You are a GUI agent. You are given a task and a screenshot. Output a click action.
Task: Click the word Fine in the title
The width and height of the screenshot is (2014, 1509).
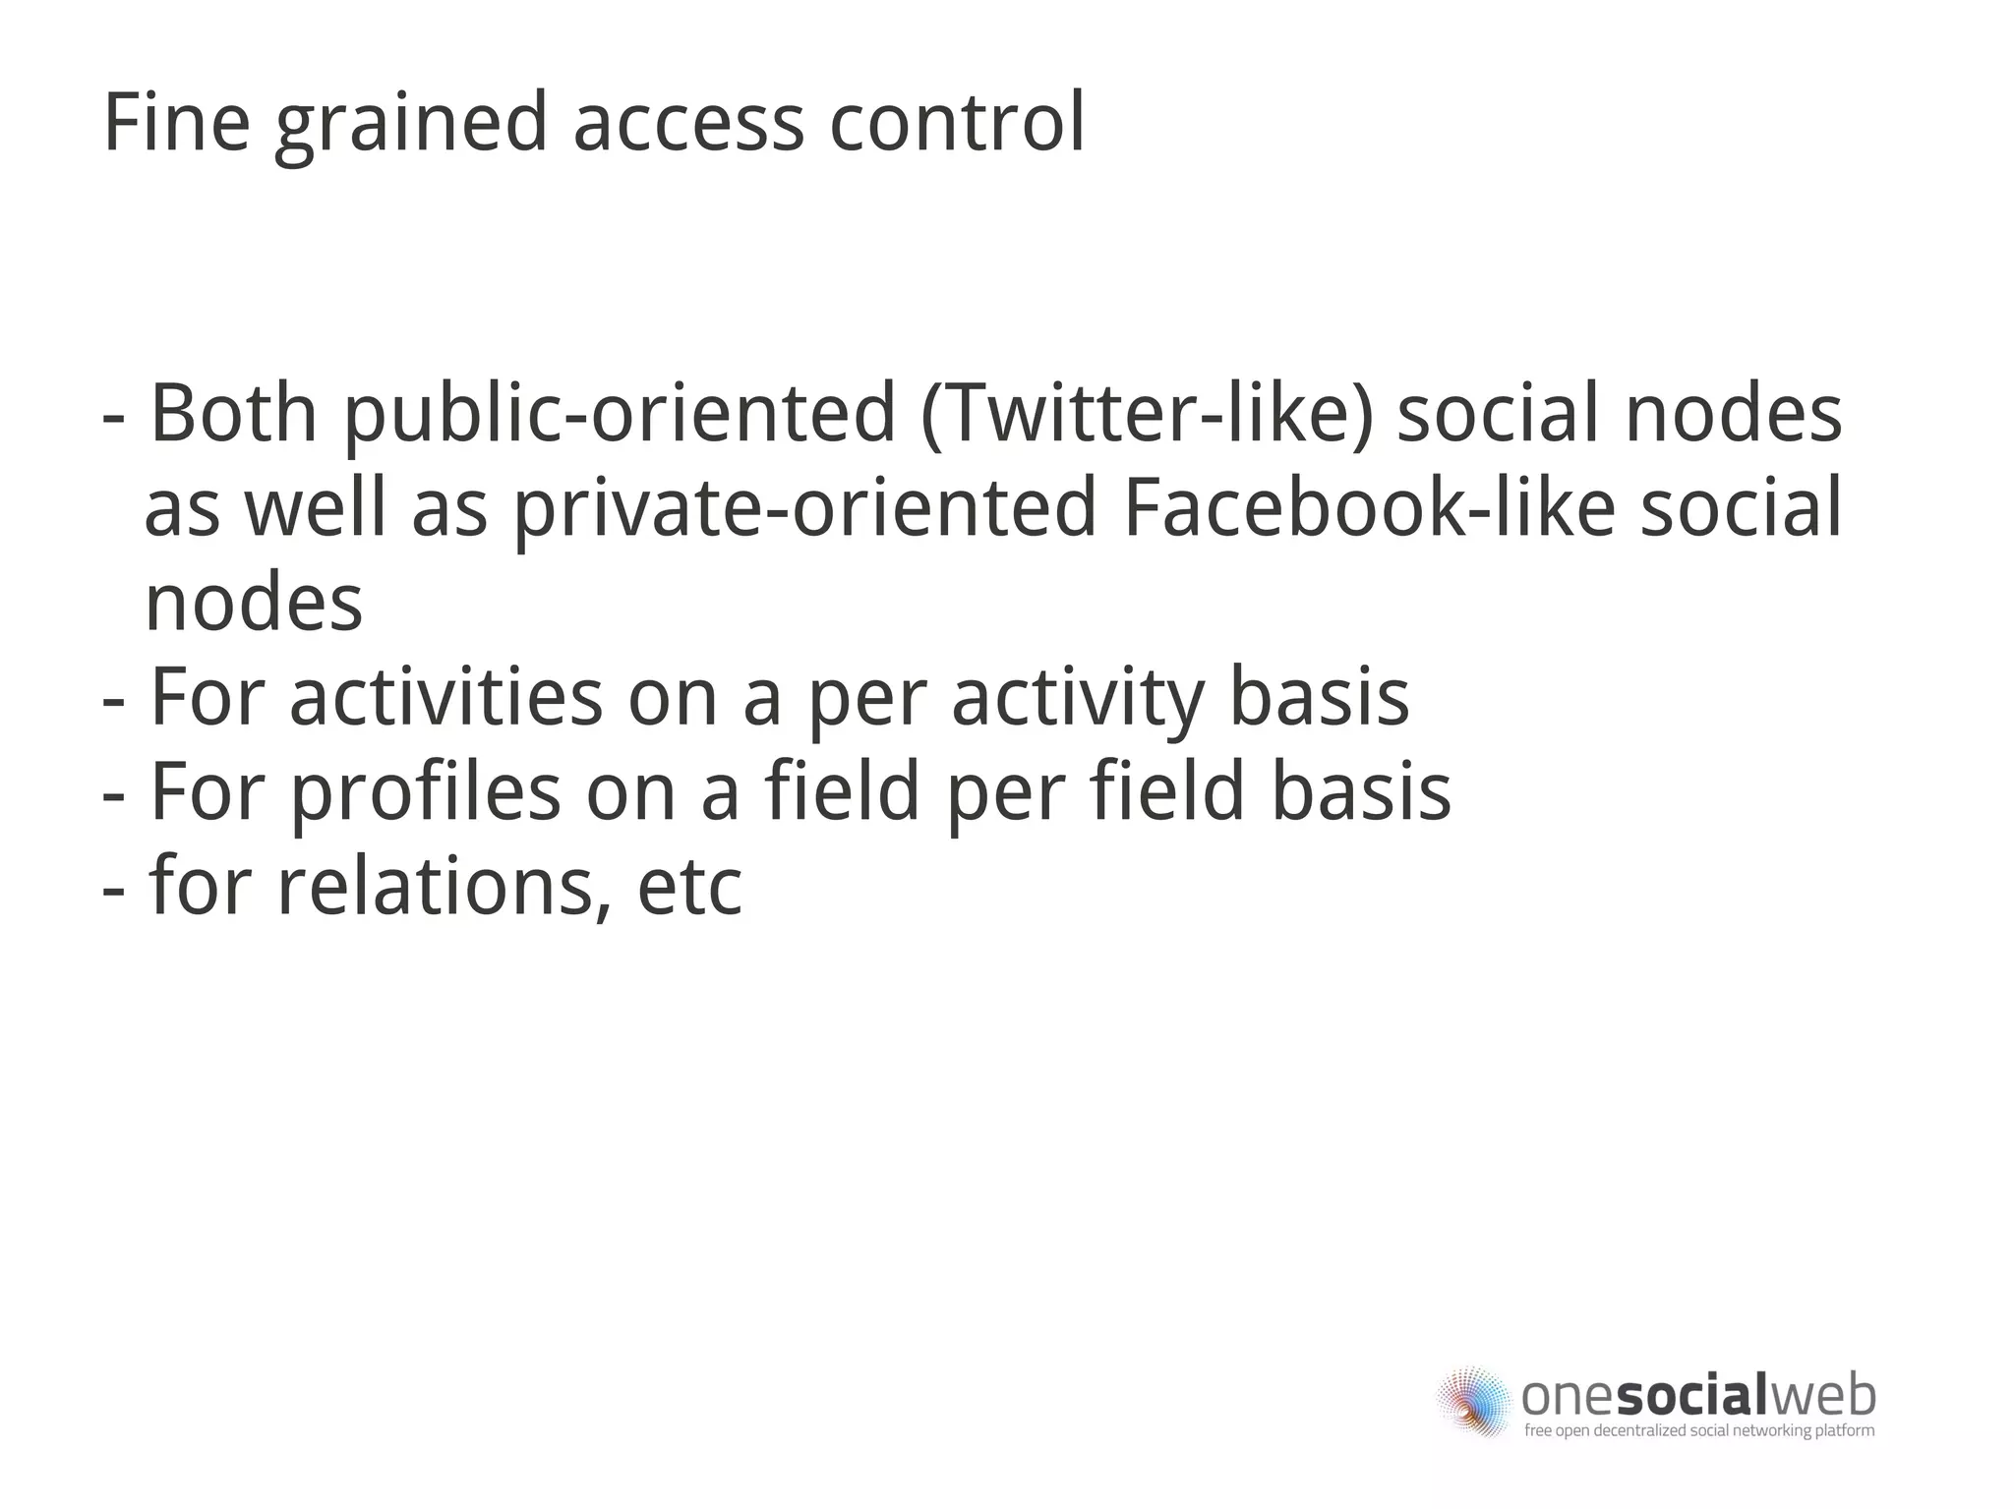click(x=176, y=123)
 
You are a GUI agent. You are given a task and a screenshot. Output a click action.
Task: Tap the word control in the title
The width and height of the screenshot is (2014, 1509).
click(x=957, y=123)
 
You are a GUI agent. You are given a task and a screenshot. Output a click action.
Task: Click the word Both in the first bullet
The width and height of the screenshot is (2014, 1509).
click(x=234, y=413)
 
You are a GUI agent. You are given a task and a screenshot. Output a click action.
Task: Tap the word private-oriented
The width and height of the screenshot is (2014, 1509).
click(x=804, y=509)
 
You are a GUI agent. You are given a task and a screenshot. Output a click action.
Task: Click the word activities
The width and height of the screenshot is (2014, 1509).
click(x=445, y=697)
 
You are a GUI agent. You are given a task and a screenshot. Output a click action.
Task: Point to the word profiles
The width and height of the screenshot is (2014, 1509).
click(x=425, y=792)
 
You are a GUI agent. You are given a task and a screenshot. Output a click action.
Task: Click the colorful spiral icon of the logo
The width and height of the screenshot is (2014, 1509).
click(x=1473, y=1401)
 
